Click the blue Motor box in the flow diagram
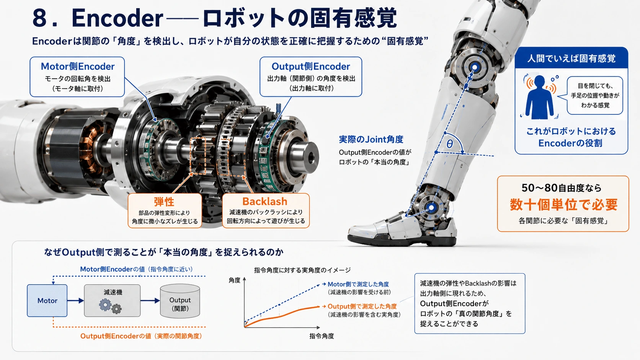(47, 300)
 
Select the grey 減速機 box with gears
(112, 300)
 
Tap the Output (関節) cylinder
(180, 301)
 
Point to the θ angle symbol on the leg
(450, 143)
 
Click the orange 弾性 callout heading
(164, 202)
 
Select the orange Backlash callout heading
(265, 202)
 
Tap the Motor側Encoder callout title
(78, 66)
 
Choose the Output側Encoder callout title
(311, 66)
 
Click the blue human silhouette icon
(539, 97)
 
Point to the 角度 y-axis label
(235, 280)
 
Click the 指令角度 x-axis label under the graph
(322, 336)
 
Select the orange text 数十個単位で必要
(564, 204)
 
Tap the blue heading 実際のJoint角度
(371, 139)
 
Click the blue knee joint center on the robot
(475, 67)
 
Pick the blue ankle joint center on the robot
(431, 208)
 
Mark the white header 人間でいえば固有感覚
(571, 59)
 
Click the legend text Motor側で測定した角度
(358, 284)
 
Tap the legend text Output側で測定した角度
(362, 306)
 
